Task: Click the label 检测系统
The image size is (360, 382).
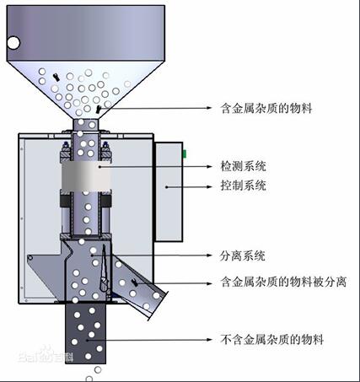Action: [243, 166]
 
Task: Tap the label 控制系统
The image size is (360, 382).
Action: [243, 186]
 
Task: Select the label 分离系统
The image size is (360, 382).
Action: [242, 256]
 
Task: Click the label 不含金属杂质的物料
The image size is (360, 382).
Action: [271, 340]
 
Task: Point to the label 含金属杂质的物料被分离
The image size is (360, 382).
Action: [283, 282]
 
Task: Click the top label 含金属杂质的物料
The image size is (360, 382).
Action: [266, 108]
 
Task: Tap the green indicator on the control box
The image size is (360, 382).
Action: [185, 153]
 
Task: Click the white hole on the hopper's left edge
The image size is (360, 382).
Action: [13, 43]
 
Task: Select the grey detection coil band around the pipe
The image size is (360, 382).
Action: [86, 176]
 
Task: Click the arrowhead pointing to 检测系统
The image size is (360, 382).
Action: [209, 166]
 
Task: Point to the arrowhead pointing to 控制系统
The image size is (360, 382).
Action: [209, 186]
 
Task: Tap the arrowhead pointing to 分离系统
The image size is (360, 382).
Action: [209, 256]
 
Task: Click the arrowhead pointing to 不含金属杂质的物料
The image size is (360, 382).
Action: [209, 340]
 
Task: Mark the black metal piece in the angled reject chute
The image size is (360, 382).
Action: [135, 282]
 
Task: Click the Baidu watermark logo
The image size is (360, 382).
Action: [46, 355]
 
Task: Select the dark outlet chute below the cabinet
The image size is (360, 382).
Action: [86, 333]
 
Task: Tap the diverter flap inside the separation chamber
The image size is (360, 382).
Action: [105, 269]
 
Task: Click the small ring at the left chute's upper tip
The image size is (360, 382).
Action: [30, 258]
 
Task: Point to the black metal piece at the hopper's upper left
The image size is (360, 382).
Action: [56, 77]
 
